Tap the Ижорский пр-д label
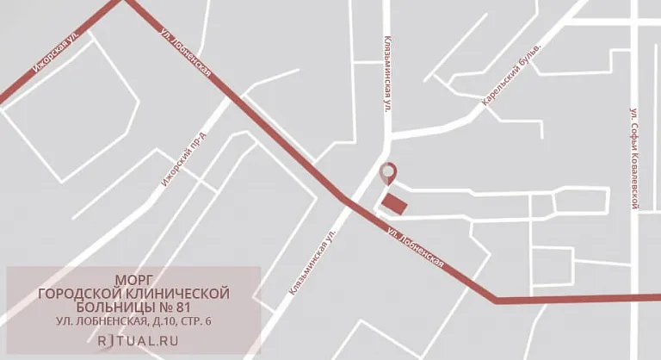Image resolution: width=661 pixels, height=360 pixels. point(185,155)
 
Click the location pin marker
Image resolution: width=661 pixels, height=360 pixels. point(388,172)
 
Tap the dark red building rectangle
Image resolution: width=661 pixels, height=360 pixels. point(395,203)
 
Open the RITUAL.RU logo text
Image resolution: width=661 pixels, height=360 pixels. point(133,339)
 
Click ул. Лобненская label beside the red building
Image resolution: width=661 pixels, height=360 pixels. point(416,247)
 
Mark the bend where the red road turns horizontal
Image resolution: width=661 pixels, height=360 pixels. point(496,300)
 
